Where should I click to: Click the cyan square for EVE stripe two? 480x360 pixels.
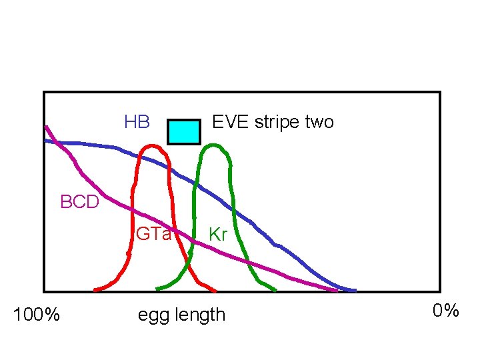coord(183,132)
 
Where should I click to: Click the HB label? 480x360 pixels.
coord(137,122)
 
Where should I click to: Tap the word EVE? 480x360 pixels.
coord(228,122)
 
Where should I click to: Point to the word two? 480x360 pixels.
coord(319,122)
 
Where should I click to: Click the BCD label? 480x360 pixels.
coord(79,201)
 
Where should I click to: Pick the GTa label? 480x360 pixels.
coord(153,234)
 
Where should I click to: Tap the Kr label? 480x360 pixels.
coord(218,234)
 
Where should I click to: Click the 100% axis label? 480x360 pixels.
coord(37,313)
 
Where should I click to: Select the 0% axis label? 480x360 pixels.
coord(445,311)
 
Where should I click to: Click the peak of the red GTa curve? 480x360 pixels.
coord(153,145)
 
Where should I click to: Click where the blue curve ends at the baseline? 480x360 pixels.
coord(354,291)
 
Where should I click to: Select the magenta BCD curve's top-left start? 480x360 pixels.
coord(45,127)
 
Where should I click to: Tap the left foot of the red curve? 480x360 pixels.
coord(96,290)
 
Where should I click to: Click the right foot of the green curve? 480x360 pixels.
coord(275,290)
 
